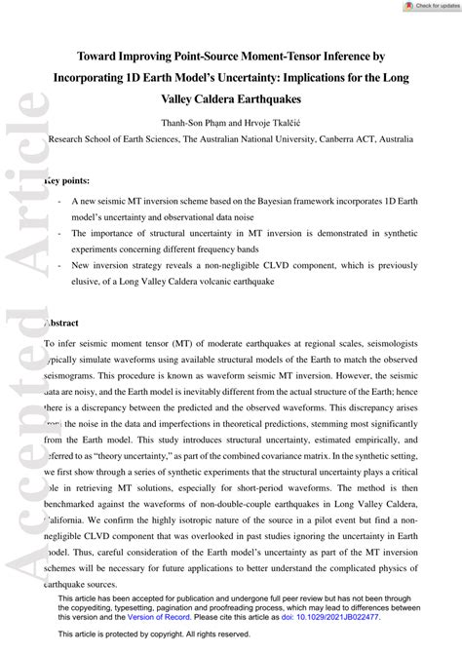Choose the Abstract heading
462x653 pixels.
click(x=65, y=322)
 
